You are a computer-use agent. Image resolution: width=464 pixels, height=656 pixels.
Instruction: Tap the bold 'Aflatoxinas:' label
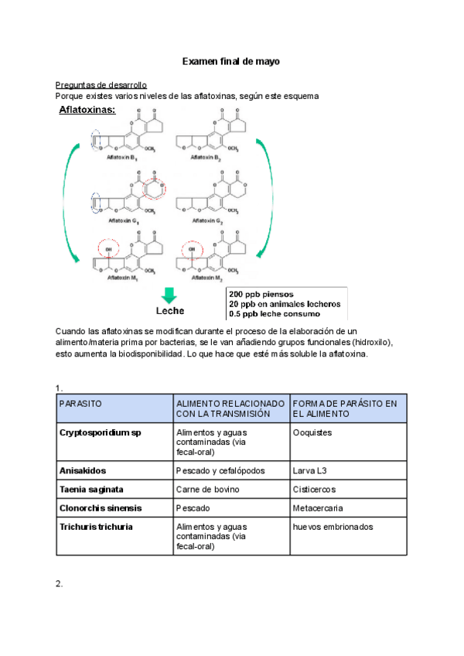pos(87,111)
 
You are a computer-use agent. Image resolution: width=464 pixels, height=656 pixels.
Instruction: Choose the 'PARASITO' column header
pos(80,404)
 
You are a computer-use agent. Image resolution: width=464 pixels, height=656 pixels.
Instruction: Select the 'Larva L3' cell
pos(311,470)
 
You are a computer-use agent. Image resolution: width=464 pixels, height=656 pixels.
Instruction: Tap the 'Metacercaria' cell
pos(318,508)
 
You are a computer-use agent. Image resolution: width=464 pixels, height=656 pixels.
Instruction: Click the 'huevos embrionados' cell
pos(333,527)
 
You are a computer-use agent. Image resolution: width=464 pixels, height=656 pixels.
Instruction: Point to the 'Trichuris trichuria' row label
pos(96,527)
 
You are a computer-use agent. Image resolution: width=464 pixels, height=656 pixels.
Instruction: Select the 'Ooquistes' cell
pos(312,432)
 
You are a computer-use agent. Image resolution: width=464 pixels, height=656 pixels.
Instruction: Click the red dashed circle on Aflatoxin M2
pos(190,249)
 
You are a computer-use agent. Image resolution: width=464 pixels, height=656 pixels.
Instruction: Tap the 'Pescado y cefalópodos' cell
pos(220,470)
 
